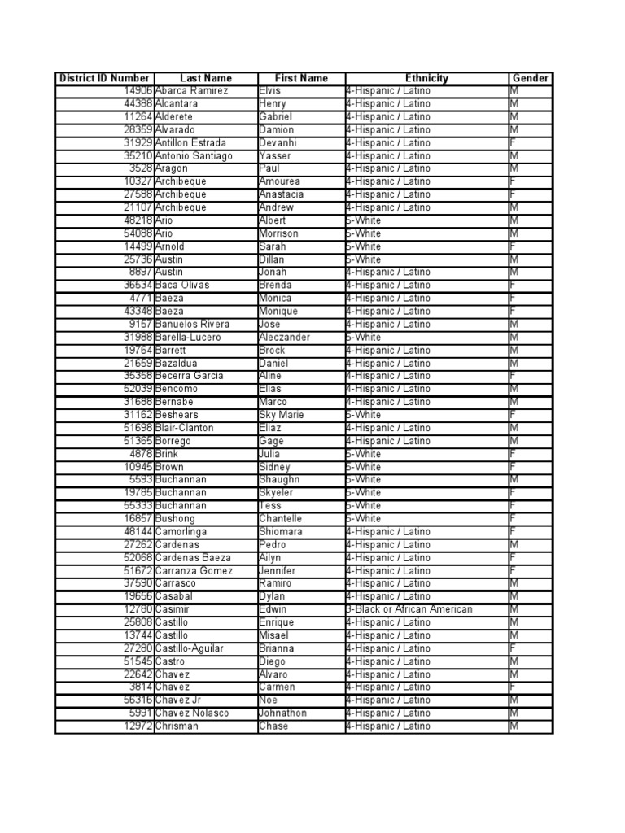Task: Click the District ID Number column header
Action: click(x=104, y=78)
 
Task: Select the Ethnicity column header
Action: click(x=426, y=78)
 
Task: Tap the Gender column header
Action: click(x=531, y=78)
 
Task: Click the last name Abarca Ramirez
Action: click(x=192, y=91)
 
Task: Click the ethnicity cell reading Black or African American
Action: click(x=409, y=609)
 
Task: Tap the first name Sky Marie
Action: click(x=282, y=415)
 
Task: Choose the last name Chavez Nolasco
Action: click(x=192, y=713)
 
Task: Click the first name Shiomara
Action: click(x=281, y=531)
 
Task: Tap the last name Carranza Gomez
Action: click(x=194, y=570)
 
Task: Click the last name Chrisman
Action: click(x=177, y=726)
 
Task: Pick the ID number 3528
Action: click(x=141, y=168)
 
